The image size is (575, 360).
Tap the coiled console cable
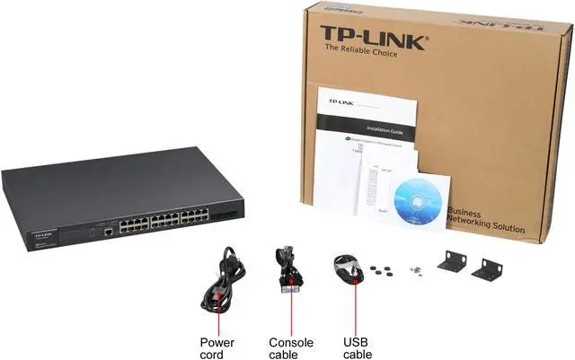tap(288, 270)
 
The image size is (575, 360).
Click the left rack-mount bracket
tap(453, 260)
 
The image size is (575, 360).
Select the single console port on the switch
tap(109, 231)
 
